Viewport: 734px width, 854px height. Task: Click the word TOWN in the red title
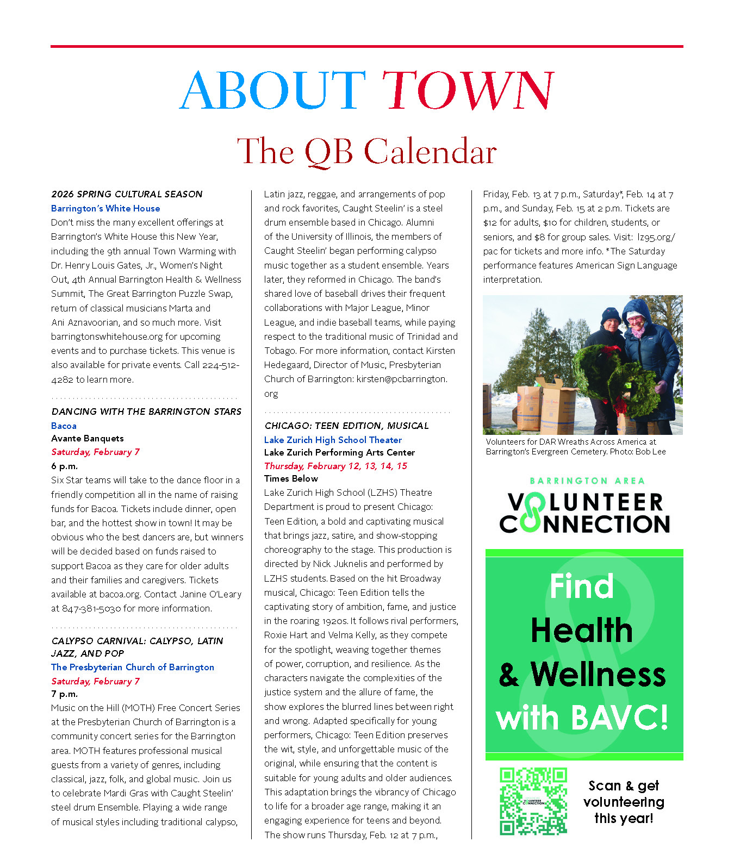[467, 91]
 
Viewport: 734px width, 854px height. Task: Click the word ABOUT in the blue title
[272, 91]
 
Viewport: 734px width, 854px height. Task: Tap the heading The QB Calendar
[366, 151]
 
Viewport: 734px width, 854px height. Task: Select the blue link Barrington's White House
[105, 208]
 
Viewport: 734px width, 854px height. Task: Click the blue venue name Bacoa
[64, 426]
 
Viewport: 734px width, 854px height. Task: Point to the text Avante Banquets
[88, 438]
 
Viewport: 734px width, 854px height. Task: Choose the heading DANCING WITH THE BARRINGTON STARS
[146, 412]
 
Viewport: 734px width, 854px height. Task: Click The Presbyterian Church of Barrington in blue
[133, 667]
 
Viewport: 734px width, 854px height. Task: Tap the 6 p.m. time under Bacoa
[64, 466]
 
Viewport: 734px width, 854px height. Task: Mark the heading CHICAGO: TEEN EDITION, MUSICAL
[346, 426]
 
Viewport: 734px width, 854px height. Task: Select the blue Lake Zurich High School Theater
[333, 440]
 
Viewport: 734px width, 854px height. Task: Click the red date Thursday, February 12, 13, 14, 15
[335, 466]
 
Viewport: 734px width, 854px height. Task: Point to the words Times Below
[291, 478]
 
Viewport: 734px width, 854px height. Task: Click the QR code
[533, 801]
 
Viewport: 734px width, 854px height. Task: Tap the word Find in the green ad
[581, 587]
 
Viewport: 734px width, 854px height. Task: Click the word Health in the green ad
[582, 631]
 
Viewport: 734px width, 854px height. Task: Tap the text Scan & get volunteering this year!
[624, 802]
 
